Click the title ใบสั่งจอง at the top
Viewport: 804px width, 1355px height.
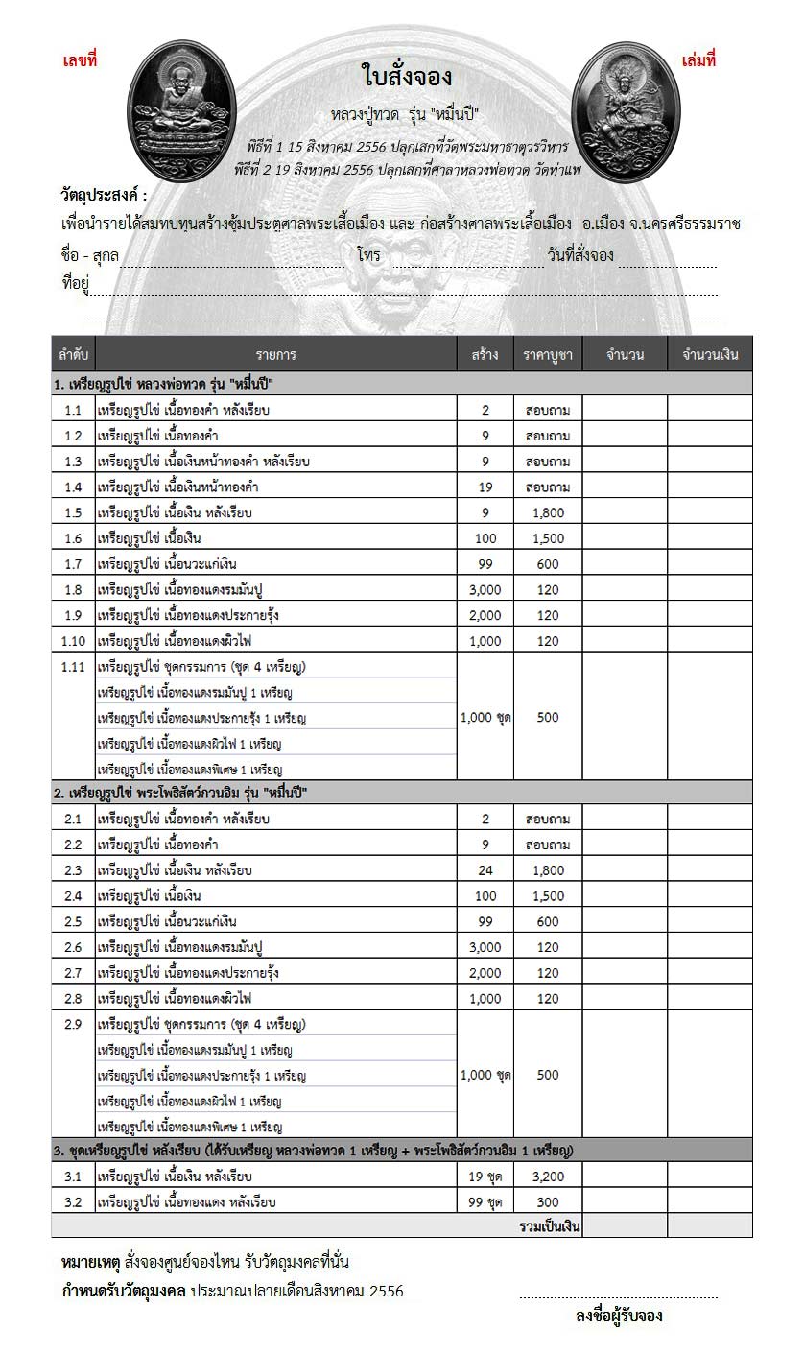[x=407, y=76]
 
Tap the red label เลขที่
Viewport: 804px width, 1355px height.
[x=80, y=60]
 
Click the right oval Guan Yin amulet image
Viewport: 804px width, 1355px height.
[x=626, y=111]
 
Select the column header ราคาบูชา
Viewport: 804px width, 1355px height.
[x=548, y=355]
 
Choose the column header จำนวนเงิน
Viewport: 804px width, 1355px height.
[x=710, y=355]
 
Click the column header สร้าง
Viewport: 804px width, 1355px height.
[x=485, y=355]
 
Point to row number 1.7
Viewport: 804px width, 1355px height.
[x=73, y=564]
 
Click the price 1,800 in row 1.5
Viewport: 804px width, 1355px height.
[x=548, y=512]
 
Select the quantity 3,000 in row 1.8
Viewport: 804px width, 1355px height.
[x=485, y=589]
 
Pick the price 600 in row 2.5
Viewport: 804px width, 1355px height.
[x=548, y=922]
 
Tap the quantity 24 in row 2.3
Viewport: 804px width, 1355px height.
[x=485, y=870]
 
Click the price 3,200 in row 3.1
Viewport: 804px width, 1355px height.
[x=548, y=1176]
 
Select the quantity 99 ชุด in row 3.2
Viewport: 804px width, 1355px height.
[x=485, y=1201]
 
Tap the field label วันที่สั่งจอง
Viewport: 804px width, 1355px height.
[x=580, y=255]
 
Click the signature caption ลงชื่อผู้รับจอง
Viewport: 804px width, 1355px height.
[x=619, y=1316]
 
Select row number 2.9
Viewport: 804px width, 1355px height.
[x=73, y=1024]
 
